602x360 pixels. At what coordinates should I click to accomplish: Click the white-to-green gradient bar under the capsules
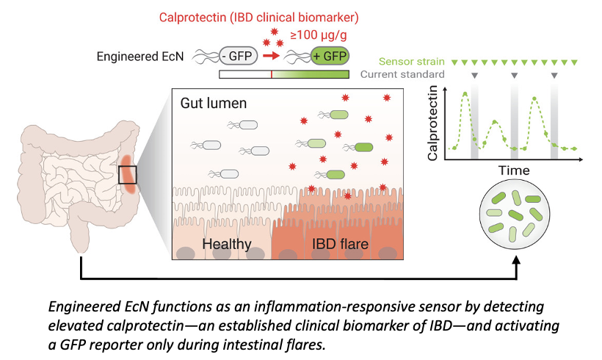pos(283,74)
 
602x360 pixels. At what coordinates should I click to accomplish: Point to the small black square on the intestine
pos(127,176)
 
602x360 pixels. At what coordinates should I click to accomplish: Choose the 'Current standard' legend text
pos(402,75)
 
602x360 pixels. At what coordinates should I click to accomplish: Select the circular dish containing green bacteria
pos(517,220)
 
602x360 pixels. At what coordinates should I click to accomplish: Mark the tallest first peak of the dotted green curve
pos(465,93)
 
